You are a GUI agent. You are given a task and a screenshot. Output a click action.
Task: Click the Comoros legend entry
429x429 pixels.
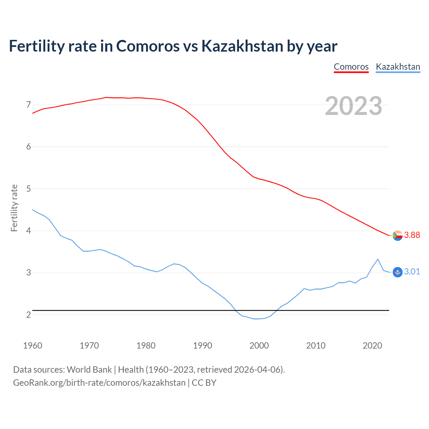pos(351,67)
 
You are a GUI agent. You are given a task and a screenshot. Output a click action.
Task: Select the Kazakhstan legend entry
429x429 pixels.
pos(398,67)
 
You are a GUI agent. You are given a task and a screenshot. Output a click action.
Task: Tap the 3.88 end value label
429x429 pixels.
pos(412,235)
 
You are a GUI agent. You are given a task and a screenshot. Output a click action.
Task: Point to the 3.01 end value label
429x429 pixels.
pos(412,272)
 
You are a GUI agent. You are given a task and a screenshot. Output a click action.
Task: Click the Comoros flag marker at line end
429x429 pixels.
pos(397,236)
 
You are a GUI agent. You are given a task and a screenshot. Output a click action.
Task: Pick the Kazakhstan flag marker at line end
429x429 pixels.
pos(397,272)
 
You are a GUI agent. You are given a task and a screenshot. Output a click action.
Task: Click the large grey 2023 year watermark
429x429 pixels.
pos(353,106)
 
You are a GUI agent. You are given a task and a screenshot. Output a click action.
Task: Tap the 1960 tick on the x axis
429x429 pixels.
pos(33,346)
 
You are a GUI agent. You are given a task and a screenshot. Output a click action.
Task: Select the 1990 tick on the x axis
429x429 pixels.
pos(202,346)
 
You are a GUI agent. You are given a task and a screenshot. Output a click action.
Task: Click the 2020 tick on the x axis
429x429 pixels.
pos(372,346)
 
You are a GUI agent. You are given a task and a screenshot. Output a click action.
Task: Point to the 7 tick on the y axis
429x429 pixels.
pos(28,105)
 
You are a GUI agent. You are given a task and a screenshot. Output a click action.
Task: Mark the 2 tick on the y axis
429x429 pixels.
pos(28,315)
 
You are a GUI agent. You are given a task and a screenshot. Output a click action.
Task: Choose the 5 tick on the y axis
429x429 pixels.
pos(28,189)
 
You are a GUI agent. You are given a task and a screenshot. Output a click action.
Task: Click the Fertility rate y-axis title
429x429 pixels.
pos(14,208)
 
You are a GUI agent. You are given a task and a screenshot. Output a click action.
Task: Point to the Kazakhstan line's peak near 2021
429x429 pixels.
pos(378,259)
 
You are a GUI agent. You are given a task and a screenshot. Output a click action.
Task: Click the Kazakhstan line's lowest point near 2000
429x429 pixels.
pos(256,319)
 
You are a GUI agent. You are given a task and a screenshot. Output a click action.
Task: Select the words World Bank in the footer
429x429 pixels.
pos(89,370)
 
